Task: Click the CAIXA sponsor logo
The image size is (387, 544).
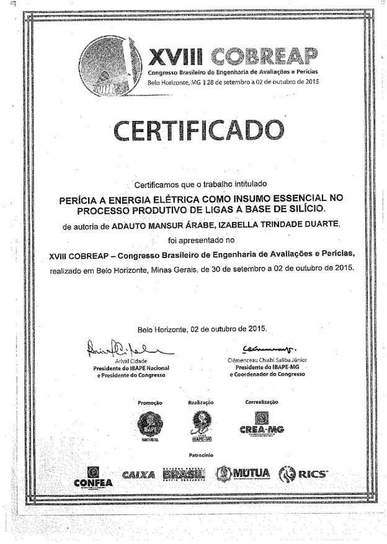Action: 138,475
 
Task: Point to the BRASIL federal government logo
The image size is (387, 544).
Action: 184,475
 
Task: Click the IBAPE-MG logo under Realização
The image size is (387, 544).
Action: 200,426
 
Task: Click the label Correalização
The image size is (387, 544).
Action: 261,402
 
